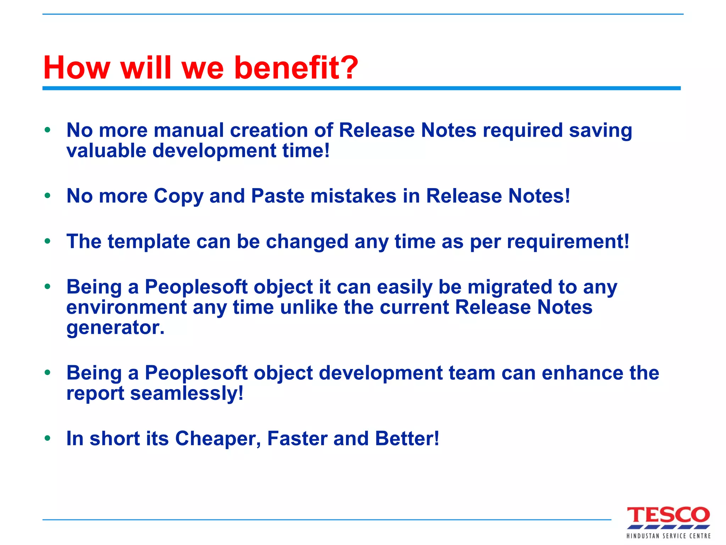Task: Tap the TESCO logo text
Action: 668,515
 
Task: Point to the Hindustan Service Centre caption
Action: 668,536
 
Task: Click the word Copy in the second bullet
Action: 178,196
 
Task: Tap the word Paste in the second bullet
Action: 278,196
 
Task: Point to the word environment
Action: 126,307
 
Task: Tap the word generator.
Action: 116,328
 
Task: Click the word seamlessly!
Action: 187,393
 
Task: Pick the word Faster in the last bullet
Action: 297,439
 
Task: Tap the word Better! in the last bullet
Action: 407,439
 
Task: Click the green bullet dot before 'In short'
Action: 48,438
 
